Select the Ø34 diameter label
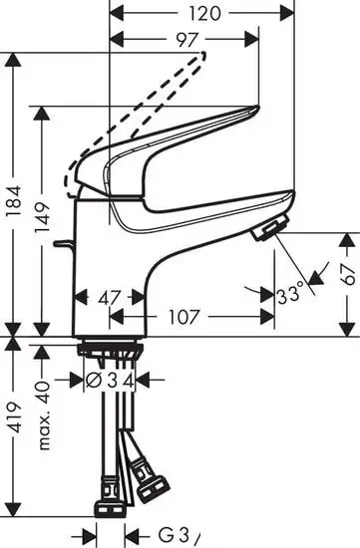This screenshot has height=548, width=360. pos(110,379)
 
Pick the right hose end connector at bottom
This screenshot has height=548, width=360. pos(154,488)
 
